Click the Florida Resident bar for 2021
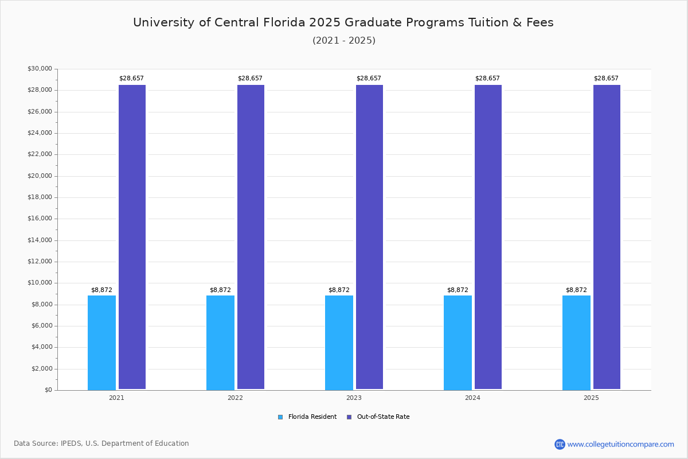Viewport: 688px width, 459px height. (x=101, y=343)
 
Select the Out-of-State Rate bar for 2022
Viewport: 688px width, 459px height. (x=251, y=237)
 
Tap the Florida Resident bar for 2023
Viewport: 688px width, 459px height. (x=339, y=343)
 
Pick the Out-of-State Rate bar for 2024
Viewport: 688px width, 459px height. (x=488, y=237)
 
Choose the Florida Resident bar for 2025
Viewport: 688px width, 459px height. (x=576, y=343)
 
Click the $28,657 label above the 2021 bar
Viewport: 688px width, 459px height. (x=131, y=78)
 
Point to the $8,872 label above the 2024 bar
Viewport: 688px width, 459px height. (x=458, y=290)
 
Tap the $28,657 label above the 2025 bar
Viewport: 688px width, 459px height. (x=606, y=78)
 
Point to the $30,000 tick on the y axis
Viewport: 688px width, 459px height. (x=40, y=69)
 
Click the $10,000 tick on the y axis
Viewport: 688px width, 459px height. (x=40, y=283)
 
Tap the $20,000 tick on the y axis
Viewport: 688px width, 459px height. (x=40, y=176)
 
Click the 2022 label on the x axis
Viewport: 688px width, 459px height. (x=235, y=398)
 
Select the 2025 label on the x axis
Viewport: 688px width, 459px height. (x=591, y=398)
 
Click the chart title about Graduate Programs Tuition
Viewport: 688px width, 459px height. (x=343, y=22)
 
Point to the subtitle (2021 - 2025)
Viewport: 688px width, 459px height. (x=343, y=40)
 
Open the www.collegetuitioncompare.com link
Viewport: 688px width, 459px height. (x=620, y=444)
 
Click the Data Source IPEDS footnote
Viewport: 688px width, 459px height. (x=101, y=444)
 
